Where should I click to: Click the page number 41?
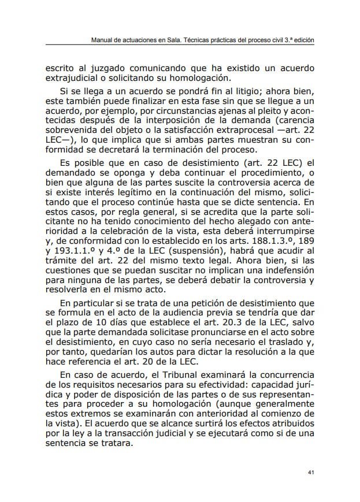coord(310,473)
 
